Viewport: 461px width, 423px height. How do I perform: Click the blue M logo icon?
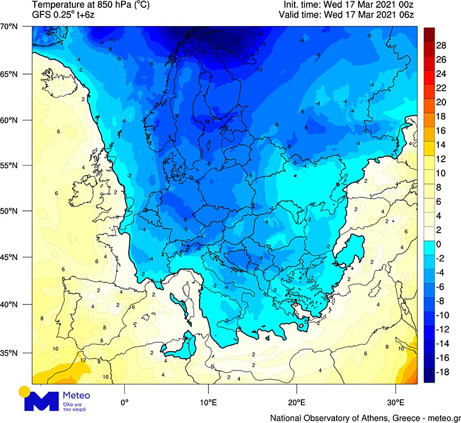click(42, 401)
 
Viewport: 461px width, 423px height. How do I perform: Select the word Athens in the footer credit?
click(373, 417)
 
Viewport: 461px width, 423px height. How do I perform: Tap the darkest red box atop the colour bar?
click(429, 34)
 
